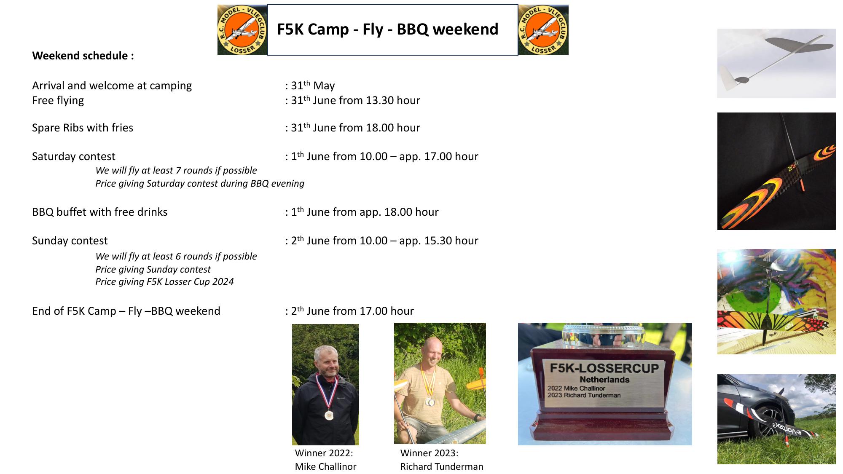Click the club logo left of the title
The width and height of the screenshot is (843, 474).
[242, 30]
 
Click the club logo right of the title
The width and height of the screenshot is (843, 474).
[543, 30]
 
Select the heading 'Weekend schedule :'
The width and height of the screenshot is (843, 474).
[83, 56]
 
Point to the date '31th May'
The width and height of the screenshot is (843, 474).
[313, 86]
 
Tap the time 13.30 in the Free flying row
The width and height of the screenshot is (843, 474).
[379, 100]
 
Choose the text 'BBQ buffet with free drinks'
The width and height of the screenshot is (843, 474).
[100, 212]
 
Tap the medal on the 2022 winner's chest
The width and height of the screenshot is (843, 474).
[329, 414]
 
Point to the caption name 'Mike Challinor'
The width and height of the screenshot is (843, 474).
[326, 466]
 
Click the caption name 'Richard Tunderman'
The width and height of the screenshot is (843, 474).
[442, 466]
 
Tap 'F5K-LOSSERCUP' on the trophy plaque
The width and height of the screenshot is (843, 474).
[604, 368]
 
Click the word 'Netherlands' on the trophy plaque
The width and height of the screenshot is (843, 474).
[604, 380]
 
